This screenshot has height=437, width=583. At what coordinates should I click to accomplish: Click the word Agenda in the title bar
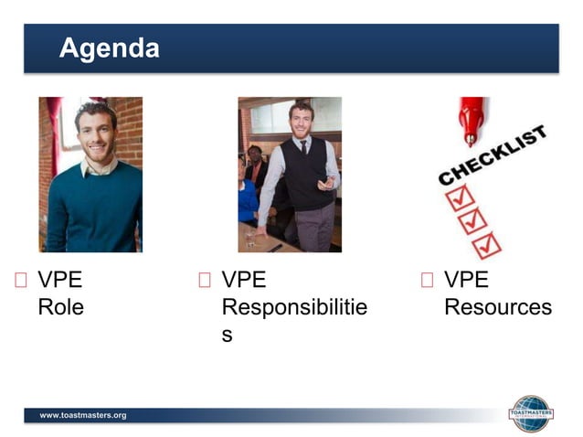[109, 48]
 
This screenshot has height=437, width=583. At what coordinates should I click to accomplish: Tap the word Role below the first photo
[60, 307]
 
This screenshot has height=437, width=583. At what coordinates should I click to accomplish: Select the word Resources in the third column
[497, 307]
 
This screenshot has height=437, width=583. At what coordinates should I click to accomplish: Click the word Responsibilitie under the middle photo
[294, 307]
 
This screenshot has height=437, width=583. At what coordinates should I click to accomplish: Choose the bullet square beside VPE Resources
[426, 281]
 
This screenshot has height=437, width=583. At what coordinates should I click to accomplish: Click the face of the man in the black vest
[301, 121]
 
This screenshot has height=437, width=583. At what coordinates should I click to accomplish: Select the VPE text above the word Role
[59, 280]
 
